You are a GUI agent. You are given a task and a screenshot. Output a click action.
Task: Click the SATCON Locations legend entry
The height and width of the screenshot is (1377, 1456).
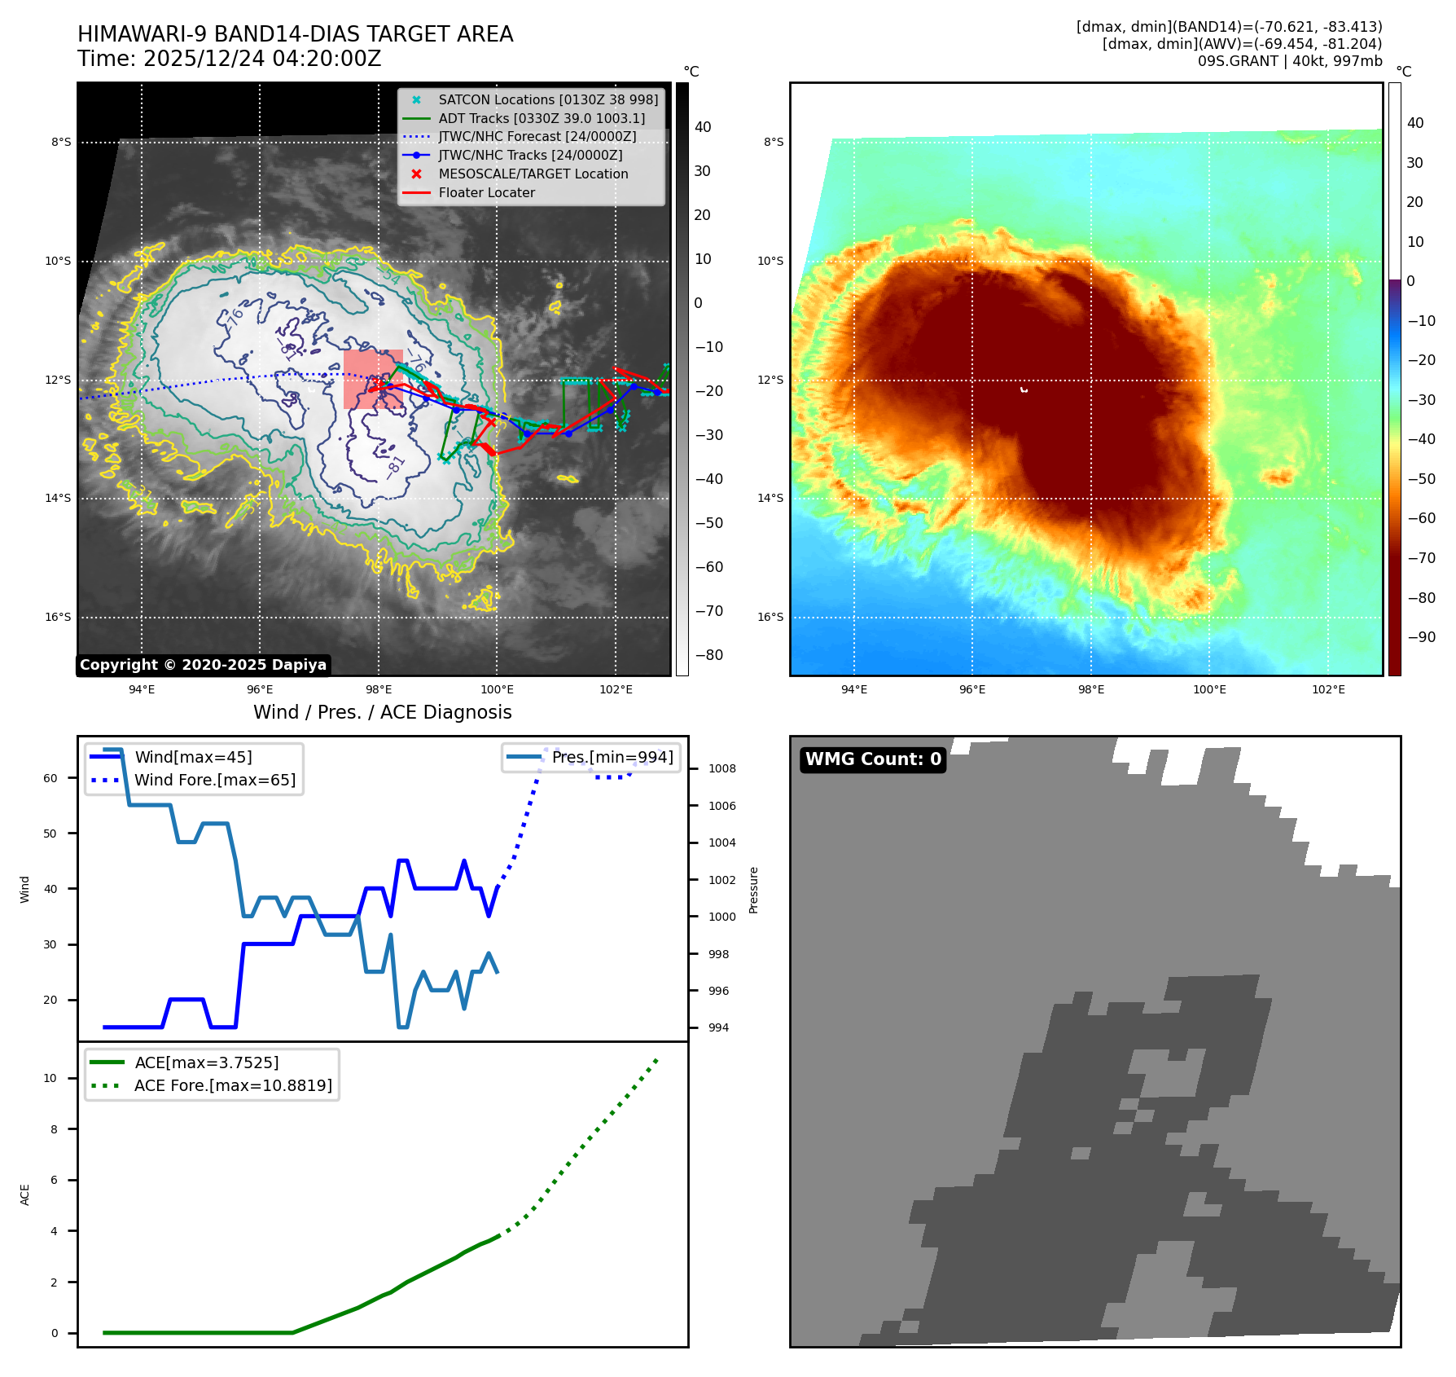[x=547, y=100]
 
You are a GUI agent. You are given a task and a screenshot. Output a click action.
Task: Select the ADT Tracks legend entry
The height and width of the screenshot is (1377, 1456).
[x=541, y=119]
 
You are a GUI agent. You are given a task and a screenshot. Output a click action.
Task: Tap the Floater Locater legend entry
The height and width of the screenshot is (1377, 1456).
[x=486, y=193]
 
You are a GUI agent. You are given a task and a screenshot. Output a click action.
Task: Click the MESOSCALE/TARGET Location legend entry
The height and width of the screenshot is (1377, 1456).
[x=533, y=174]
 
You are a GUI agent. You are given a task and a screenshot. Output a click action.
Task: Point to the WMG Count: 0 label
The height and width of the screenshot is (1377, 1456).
[x=873, y=759]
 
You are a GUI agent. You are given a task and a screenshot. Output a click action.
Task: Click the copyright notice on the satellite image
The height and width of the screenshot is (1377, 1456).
[x=203, y=665]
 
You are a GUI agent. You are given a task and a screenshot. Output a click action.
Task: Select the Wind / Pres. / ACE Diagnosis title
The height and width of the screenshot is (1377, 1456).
[x=382, y=713]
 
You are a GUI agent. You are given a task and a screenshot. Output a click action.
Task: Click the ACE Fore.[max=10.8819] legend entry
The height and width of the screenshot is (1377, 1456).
[x=233, y=1086]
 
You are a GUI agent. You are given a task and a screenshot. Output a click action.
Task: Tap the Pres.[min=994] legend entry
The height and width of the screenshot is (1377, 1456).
[x=612, y=758]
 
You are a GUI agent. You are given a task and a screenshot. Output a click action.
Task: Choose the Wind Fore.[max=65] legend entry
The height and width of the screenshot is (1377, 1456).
[x=214, y=781]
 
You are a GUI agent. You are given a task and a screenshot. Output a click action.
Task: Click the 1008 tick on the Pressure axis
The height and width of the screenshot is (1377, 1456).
[x=721, y=769]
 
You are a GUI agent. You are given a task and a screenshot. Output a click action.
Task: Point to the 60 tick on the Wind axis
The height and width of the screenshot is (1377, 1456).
[x=50, y=778]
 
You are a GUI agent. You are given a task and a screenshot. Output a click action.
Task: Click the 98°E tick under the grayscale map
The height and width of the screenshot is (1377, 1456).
[x=379, y=690]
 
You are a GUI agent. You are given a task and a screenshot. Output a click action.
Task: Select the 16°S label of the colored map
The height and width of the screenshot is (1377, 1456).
[x=770, y=618]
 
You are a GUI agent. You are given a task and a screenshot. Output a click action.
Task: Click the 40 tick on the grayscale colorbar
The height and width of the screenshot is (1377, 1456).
[x=703, y=127]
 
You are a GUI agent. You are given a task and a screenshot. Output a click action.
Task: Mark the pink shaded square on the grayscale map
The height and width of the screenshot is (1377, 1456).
[x=373, y=379]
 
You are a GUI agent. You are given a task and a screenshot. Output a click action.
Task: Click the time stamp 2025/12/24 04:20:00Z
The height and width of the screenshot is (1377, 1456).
[x=262, y=59]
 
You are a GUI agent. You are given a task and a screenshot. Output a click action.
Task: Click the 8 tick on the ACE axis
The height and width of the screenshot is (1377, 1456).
[x=55, y=1129]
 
